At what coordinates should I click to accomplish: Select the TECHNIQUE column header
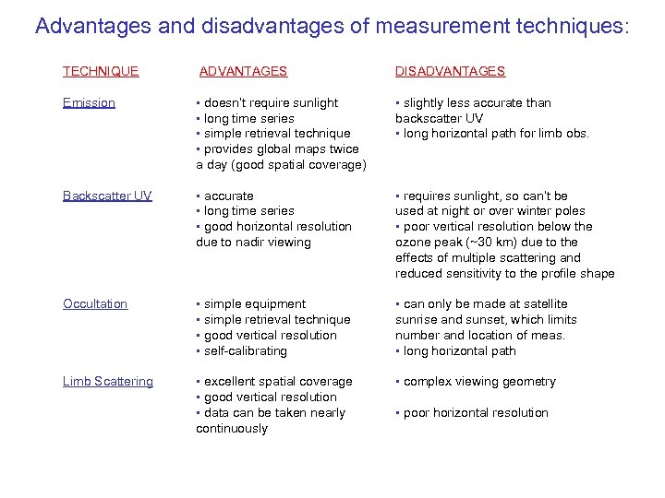[101, 71]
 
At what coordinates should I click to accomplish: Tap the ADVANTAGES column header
[244, 71]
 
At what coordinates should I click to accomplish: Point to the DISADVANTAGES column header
[450, 71]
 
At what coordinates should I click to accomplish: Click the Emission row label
[89, 102]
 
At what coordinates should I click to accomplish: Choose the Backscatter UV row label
[107, 196]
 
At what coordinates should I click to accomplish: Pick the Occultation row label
[95, 303]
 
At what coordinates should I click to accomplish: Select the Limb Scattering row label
[108, 381]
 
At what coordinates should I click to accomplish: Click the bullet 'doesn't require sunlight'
[271, 102]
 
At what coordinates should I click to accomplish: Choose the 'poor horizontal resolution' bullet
[476, 412]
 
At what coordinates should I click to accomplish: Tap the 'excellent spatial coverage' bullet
[278, 381]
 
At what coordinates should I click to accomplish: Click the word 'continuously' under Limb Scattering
[232, 428]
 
